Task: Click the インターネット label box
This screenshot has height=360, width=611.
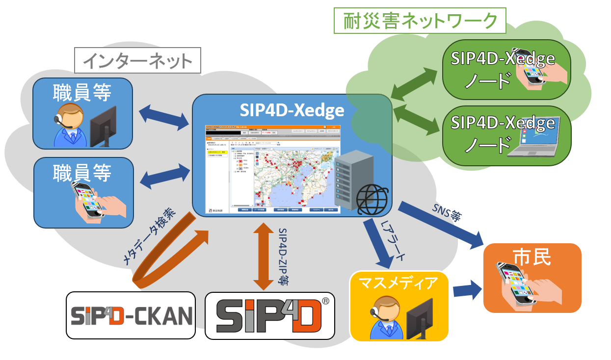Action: [137, 61]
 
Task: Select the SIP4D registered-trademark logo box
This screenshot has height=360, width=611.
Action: [269, 315]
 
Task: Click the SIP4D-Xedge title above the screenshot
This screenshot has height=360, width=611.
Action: [292, 111]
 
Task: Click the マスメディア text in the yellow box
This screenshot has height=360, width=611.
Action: [398, 283]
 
